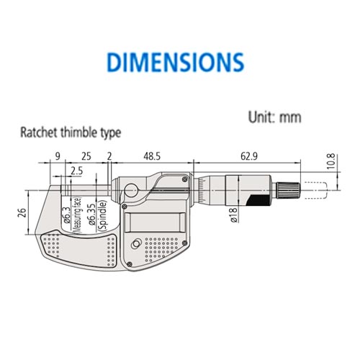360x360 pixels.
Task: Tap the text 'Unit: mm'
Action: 274,117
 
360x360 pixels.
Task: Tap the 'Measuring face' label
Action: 76,214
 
